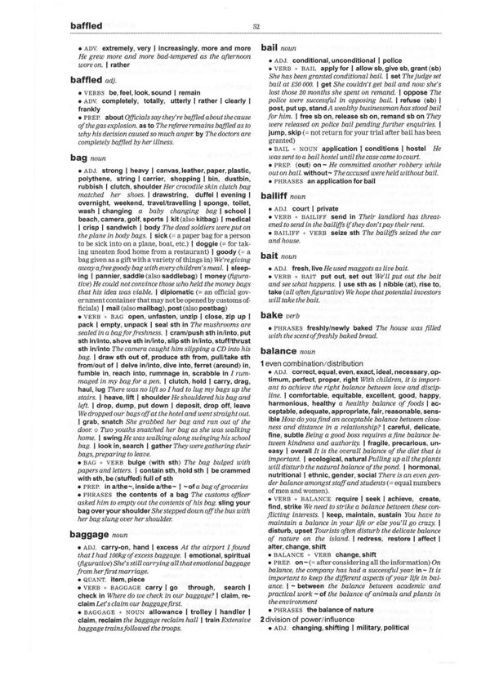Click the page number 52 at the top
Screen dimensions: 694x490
pyautogui.click(x=256, y=27)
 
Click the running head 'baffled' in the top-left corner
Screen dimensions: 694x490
pyautogui.click(x=75, y=26)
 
